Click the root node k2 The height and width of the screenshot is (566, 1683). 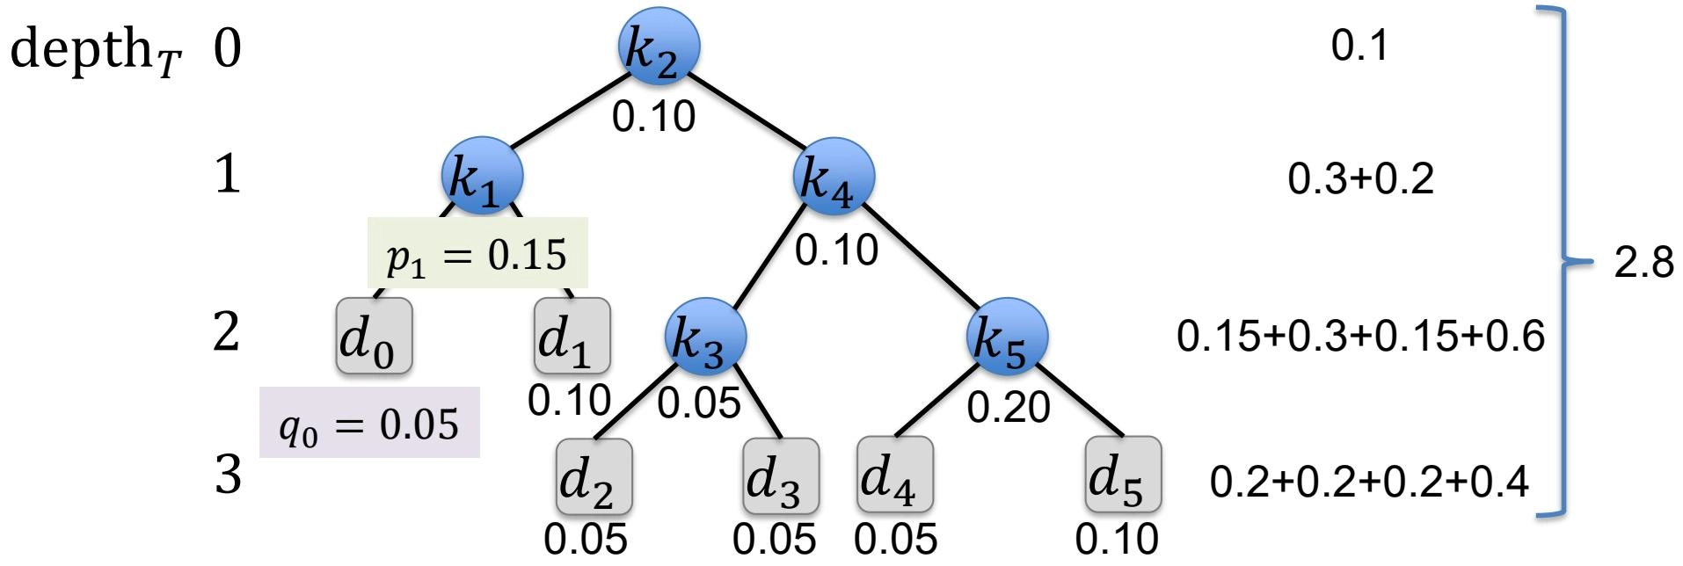click(x=658, y=47)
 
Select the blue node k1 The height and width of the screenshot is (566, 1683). click(x=481, y=177)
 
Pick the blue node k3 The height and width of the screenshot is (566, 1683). click(x=705, y=337)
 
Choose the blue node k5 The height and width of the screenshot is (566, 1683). click(x=1007, y=337)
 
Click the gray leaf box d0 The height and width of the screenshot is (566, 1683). click(x=374, y=336)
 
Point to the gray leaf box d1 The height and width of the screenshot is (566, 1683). click(x=572, y=336)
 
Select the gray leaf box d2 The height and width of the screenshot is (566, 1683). click(x=594, y=476)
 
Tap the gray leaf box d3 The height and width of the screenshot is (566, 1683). click(x=780, y=476)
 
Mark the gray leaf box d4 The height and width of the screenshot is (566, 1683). click(x=894, y=475)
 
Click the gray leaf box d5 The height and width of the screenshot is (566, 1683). click(x=1123, y=475)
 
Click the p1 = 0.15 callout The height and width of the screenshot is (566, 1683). click(x=477, y=254)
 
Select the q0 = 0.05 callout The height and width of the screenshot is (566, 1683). click(x=369, y=424)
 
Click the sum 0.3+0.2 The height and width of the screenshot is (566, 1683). click(x=1360, y=179)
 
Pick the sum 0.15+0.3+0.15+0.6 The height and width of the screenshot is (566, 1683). click(x=1360, y=337)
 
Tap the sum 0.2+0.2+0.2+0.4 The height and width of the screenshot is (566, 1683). click(x=1369, y=482)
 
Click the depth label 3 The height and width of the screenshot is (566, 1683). click(x=228, y=475)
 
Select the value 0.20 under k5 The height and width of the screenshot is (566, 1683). click(x=1009, y=407)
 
